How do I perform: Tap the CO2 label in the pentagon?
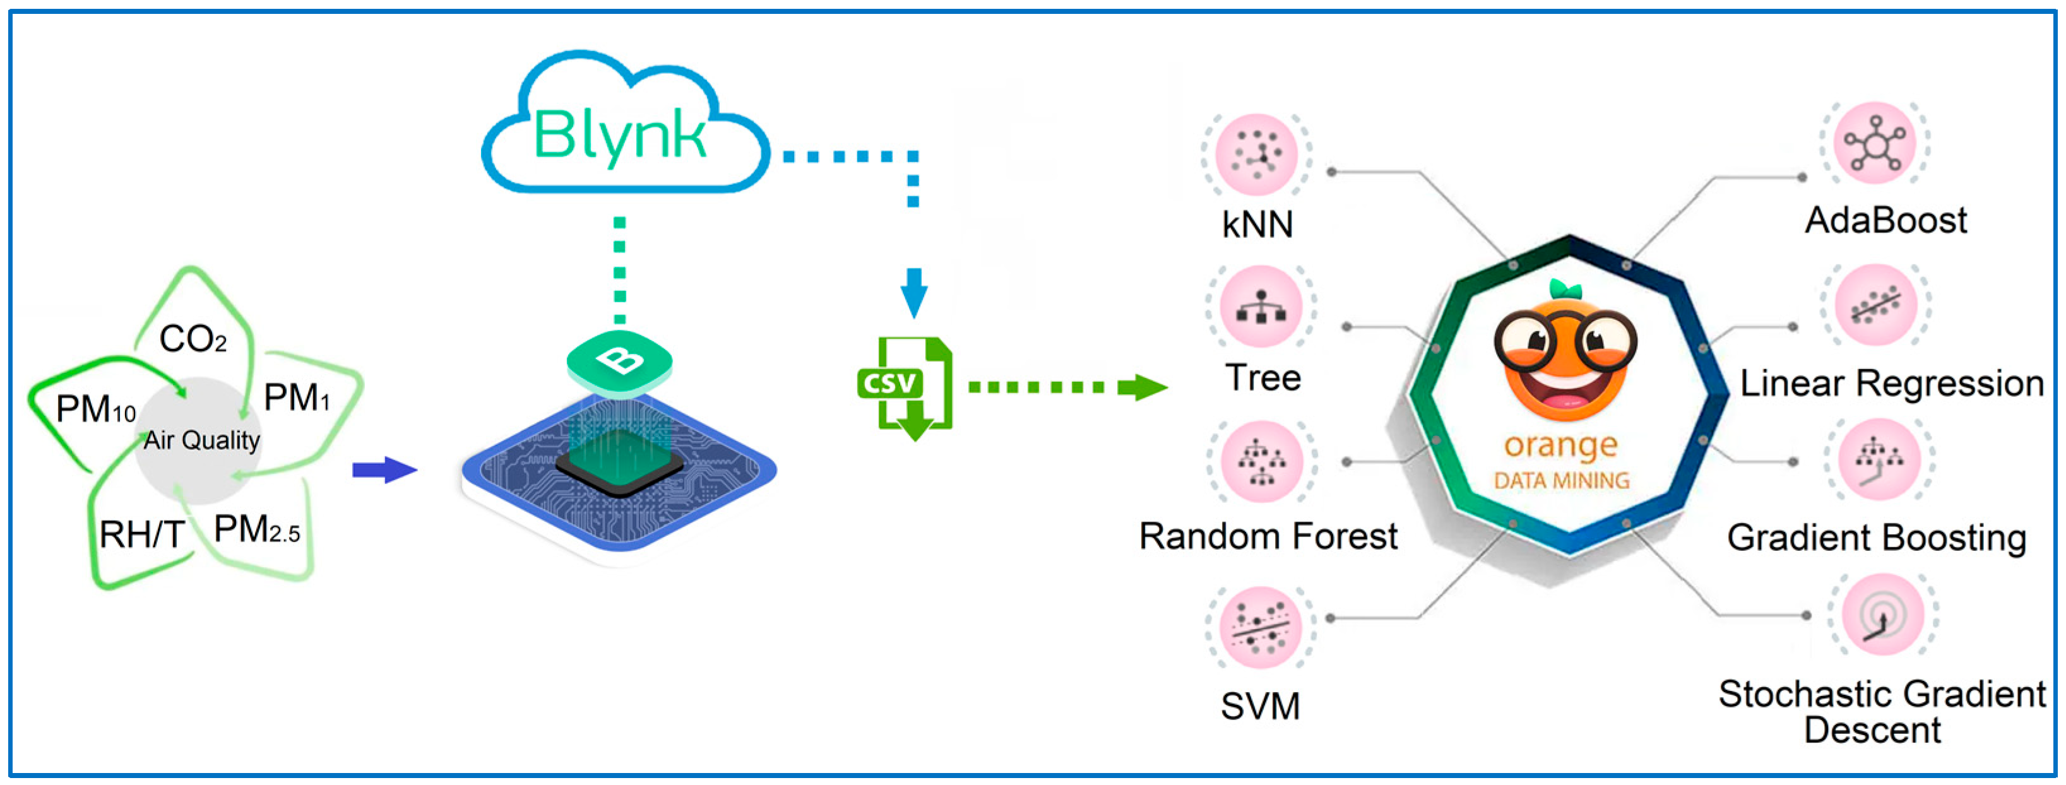click(193, 339)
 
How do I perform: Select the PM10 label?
click(95, 410)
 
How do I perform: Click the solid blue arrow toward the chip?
click(384, 471)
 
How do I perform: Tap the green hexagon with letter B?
click(619, 362)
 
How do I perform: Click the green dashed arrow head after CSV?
click(1147, 388)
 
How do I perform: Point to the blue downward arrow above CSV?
click(913, 292)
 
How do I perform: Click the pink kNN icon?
click(1256, 154)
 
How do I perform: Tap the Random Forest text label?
click(1268, 536)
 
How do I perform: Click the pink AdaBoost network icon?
click(1874, 143)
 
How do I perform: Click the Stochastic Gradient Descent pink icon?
click(1882, 616)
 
